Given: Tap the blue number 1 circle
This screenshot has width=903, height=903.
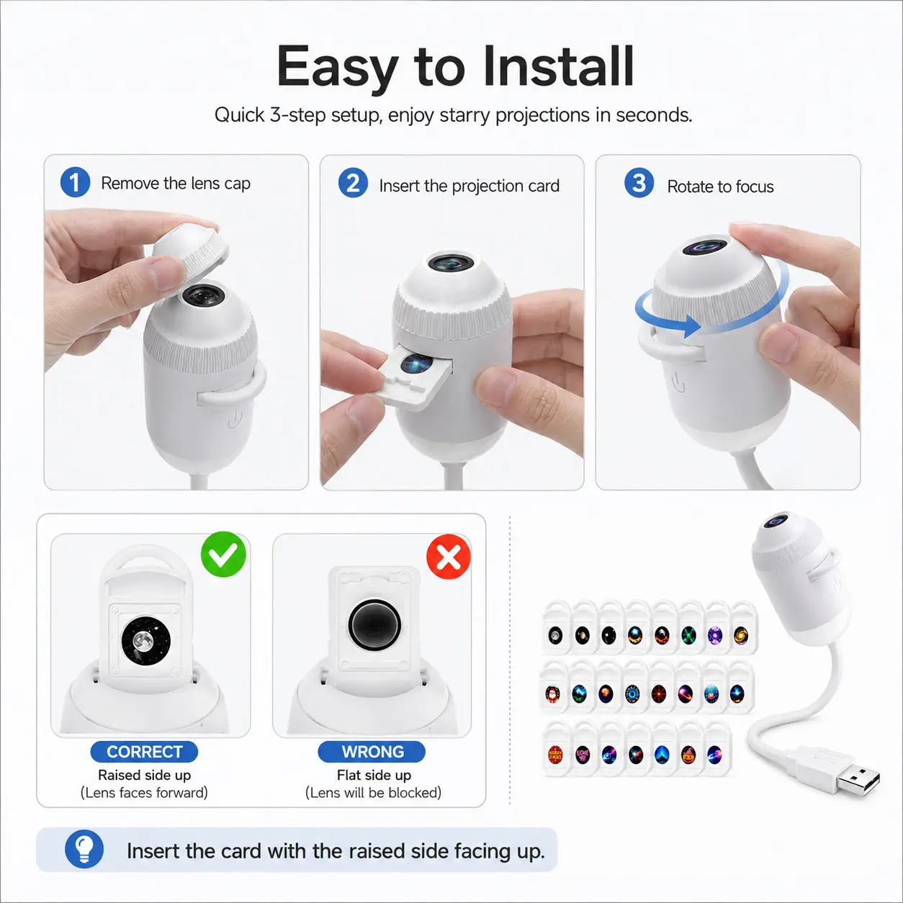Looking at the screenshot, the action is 75,181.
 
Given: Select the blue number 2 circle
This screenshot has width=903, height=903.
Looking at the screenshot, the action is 353,183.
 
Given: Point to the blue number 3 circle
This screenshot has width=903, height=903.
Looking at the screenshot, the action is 639,183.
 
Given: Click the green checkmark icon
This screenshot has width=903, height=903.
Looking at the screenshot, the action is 223,554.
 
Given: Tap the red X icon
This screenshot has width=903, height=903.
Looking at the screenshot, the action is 449,557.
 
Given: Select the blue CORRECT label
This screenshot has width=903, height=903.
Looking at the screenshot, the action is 144,752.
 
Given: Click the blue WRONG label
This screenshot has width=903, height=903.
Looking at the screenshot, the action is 372,752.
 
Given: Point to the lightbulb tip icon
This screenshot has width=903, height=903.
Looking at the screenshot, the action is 84,849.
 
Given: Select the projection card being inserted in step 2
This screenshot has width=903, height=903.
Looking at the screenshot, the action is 415,374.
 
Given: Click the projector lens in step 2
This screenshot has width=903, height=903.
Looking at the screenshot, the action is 451,263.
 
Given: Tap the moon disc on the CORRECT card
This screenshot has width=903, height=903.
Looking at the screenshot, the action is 146,640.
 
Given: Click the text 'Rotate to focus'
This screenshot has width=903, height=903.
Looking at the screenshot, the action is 720,187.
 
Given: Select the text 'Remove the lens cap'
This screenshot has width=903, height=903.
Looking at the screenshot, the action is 176,183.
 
